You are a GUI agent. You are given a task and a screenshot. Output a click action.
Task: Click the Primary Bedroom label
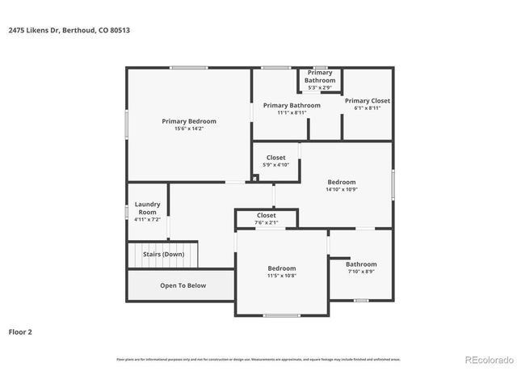click(x=189, y=121)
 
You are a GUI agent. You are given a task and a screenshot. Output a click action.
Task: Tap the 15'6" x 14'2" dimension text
click(x=189, y=129)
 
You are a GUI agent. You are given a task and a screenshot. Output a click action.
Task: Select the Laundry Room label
click(x=147, y=208)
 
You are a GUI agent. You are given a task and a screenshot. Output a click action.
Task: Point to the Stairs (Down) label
click(x=163, y=254)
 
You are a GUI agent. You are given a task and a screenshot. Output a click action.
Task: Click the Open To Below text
click(x=183, y=285)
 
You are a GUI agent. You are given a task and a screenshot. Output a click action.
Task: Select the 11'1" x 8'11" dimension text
click(x=291, y=112)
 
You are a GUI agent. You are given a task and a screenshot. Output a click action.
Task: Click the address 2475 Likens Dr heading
click(x=69, y=30)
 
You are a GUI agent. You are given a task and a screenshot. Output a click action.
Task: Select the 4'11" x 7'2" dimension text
click(x=147, y=219)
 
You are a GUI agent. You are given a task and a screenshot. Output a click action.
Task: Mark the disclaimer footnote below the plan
click(x=258, y=359)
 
